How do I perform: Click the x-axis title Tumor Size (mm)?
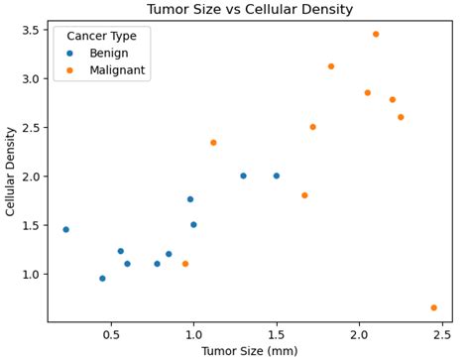(249, 351)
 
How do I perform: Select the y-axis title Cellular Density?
(11, 171)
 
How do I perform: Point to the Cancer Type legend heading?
(102, 36)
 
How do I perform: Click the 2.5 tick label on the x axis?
(442, 334)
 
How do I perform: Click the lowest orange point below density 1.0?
(433, 308)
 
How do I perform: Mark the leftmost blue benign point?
(65, 230)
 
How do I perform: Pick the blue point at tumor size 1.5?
(277, 177)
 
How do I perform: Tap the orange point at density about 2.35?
(213, 143)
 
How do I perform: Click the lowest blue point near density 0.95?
(102, 279)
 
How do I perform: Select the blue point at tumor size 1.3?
(243, 177)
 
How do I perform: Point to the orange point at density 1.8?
(304, 195)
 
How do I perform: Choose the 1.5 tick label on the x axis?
(277, 334)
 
